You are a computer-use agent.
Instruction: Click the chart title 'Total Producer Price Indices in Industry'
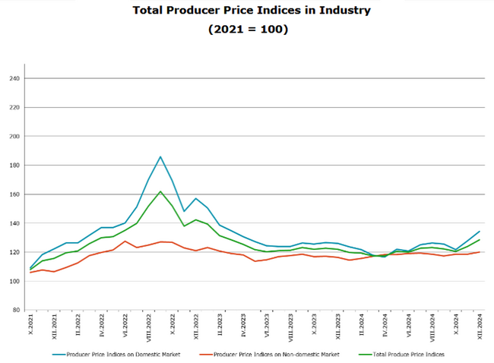pos(246,11)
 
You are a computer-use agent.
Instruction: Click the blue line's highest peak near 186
pos(160,156)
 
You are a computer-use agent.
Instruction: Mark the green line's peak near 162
pos(160,191)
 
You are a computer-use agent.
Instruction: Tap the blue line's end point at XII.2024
pos(480,232)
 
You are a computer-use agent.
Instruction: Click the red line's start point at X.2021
pos(30,272)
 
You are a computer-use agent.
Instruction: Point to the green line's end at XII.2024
pos(480,240)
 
